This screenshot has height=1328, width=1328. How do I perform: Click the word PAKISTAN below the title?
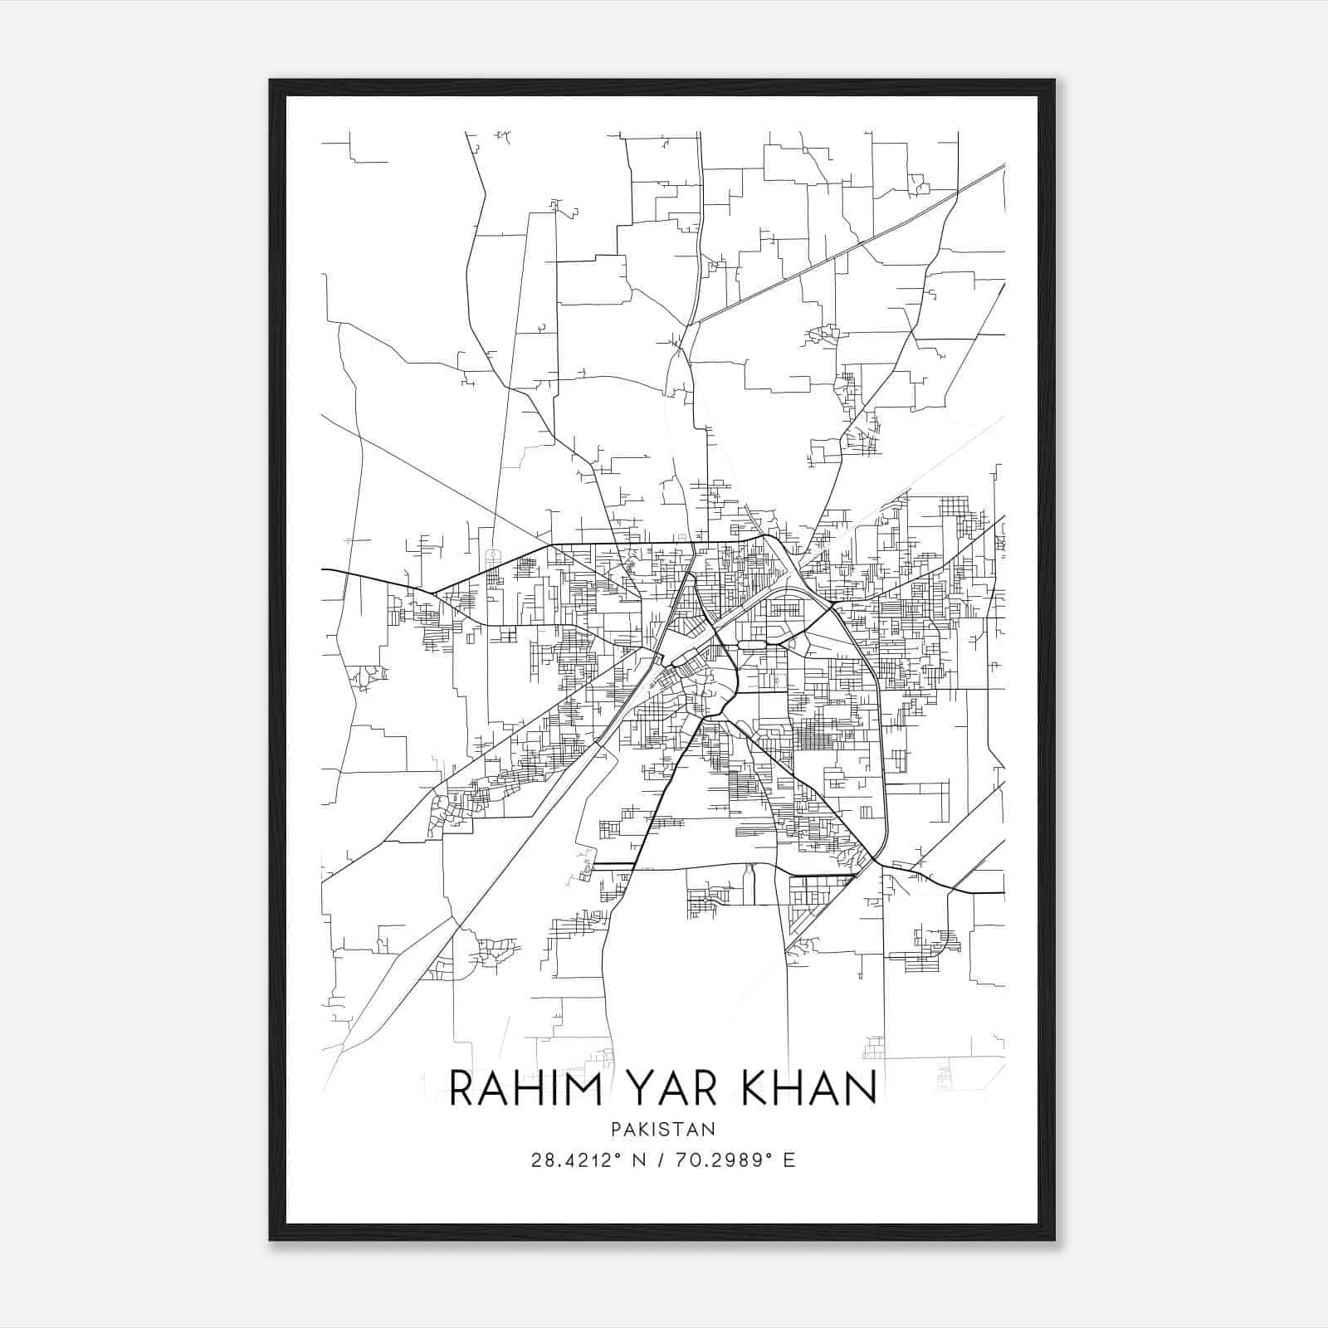[663, 1130]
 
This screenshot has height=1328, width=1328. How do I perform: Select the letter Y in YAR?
[630, 1088]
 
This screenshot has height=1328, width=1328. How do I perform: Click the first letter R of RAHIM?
[463, 1088]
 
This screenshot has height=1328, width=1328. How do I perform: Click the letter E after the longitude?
[789, 1160]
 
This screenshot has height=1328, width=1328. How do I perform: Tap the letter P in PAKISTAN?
[615, 1130]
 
